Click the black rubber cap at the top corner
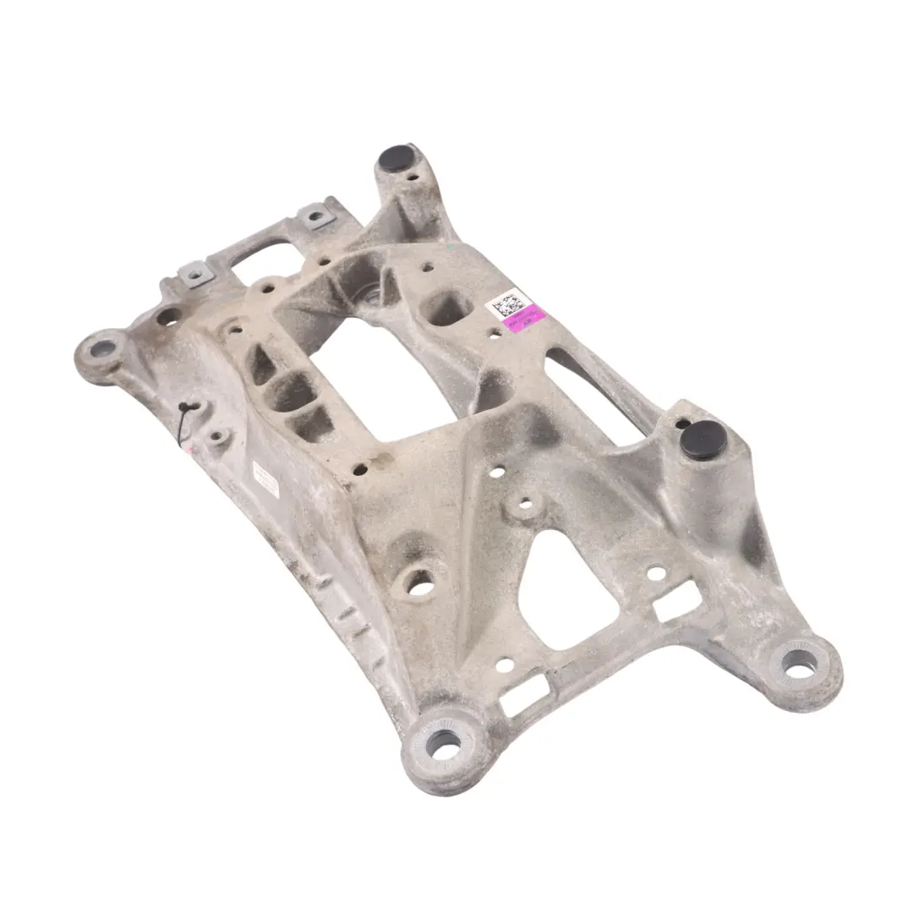(x=394, y=156)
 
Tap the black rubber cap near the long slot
(x=703, y=439)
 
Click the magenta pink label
(x=524, y=321)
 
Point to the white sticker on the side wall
(x=265, y=479)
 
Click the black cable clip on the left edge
(x=185, y=409)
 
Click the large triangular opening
(x=566, y=583)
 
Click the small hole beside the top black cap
(x=413, y=178)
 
